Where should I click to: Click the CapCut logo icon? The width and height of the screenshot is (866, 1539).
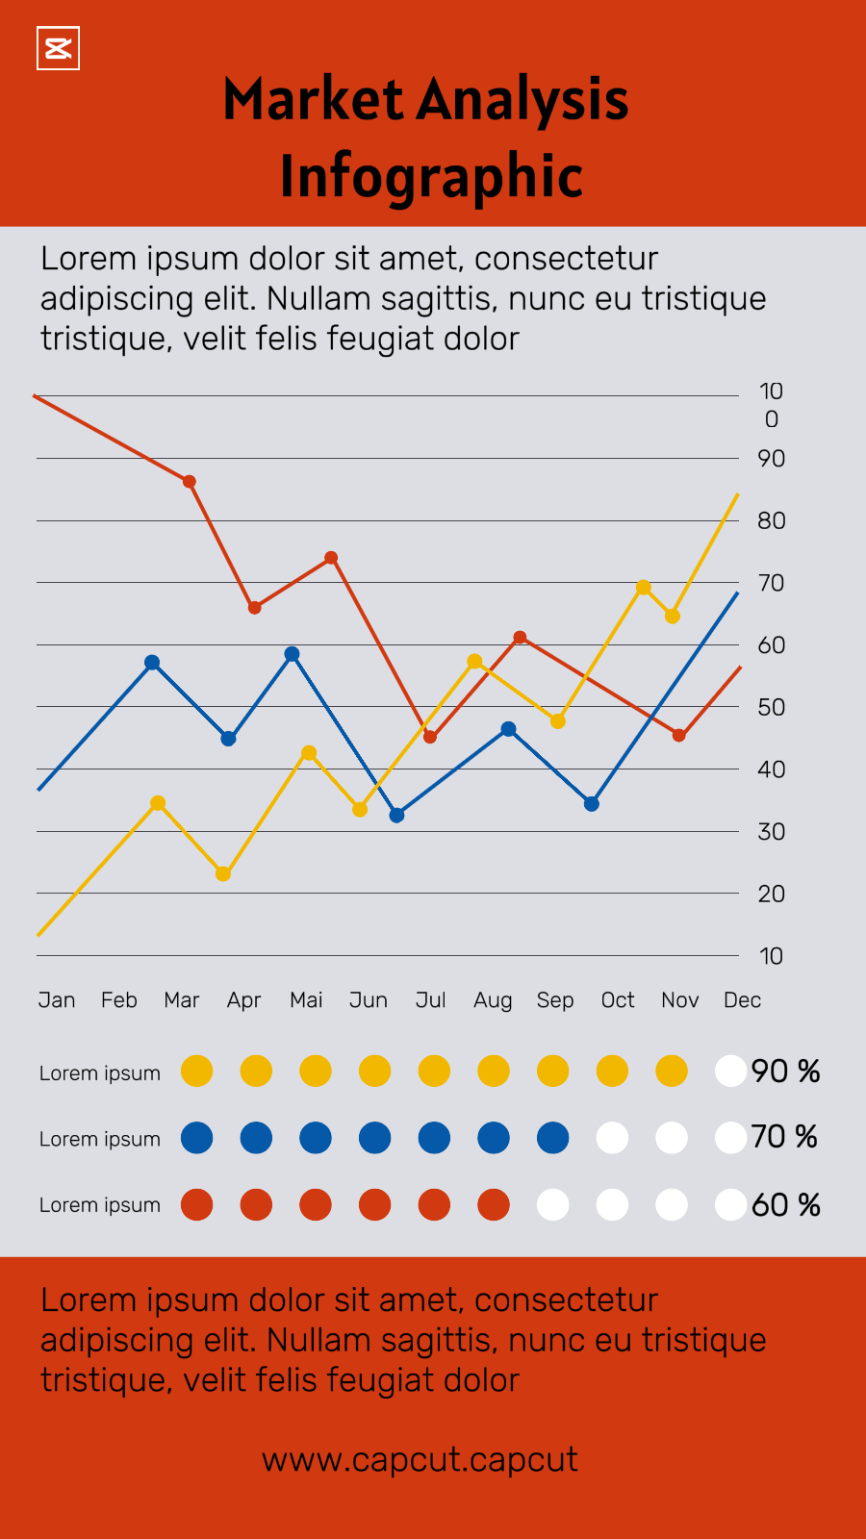point(58,48)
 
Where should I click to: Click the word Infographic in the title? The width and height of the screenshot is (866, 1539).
point(431,177)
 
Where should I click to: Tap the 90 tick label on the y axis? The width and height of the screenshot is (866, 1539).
point(772,459)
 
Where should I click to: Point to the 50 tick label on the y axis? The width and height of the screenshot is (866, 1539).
point(772,707)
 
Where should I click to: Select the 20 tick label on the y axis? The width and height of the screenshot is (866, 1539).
point(772,894)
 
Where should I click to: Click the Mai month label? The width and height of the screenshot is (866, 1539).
point(306,1000)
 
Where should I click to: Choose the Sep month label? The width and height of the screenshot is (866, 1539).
point(555,1000)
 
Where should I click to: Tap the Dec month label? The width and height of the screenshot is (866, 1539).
point(742,1000)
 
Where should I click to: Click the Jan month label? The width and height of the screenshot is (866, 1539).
point(57,1000)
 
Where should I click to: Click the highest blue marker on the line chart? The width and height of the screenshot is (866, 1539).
point(293,654)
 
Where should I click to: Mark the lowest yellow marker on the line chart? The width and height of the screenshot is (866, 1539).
point(223,873)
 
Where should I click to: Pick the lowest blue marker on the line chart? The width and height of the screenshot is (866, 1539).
point(396,815)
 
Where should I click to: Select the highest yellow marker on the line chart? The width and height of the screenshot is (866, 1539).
point(644,588)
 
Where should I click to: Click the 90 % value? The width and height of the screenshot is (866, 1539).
point(785,1072)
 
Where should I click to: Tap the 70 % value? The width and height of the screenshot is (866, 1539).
point(784,1137)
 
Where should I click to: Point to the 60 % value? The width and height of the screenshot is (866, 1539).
point(785,1205)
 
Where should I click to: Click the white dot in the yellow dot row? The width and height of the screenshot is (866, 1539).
point(730,1071)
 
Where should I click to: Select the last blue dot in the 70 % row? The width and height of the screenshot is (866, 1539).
point(553,1138)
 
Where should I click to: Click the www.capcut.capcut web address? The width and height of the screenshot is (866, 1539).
point(420,1460)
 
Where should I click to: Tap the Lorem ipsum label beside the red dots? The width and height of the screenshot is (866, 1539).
point(100,1205)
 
